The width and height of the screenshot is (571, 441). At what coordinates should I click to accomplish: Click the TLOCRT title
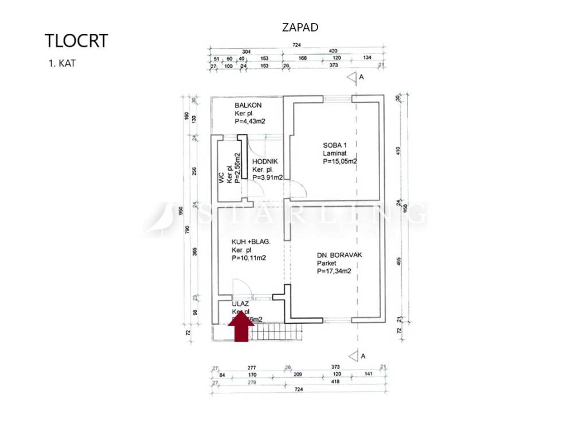76,41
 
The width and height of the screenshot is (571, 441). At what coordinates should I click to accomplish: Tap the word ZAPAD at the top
300,27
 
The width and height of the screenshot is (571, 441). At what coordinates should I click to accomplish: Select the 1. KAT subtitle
62,63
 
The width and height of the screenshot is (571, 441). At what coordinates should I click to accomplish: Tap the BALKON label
248,105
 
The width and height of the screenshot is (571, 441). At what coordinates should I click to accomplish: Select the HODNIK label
265,161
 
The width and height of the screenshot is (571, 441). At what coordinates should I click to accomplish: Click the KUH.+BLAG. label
251,242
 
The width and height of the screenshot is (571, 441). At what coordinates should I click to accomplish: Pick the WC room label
221,178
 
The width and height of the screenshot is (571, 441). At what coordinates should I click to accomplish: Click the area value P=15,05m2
340,162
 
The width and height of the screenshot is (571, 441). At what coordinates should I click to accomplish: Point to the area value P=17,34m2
334,271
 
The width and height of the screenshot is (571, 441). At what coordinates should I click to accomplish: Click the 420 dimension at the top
333,50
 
